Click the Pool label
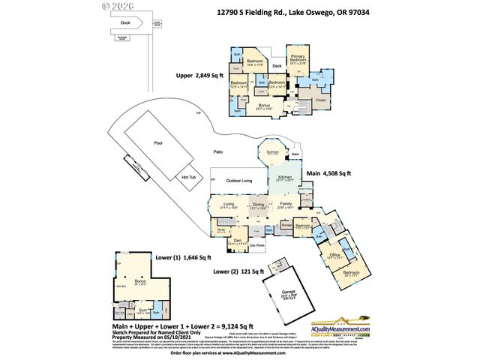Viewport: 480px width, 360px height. pos(157,142)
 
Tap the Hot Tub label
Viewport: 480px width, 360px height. pos(189,177)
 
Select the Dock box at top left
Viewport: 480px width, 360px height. pos(124,22)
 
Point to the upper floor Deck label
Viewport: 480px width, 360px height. pos(277,66)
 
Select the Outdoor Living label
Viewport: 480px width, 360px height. pos(240,181)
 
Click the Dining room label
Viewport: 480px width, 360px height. pos(258,205)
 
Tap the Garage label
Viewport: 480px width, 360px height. pos(289,293)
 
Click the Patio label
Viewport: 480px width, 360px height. pos(218,151)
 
